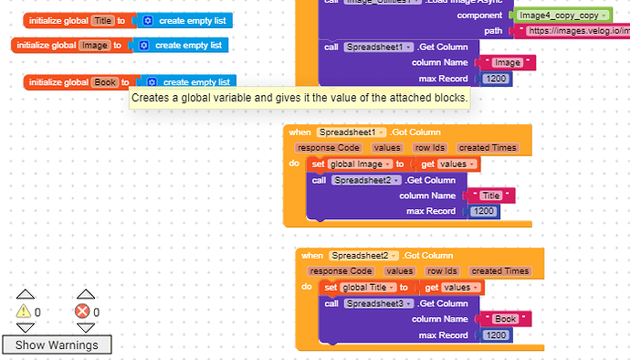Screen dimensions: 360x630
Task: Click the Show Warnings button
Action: point(57,344)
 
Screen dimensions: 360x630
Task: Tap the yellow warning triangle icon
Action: point(25,312)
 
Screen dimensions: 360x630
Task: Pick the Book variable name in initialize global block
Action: point(105,82)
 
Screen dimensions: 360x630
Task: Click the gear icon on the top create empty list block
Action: point(148,20)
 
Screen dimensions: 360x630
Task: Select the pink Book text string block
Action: point(505,319)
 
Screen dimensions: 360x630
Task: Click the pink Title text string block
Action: point(491,196)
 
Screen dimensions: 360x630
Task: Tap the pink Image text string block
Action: point(507,63)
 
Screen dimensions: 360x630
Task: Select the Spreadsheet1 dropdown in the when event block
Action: point(352,132)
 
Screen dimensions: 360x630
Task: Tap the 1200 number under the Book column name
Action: point(498,335)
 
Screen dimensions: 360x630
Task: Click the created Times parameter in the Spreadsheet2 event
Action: point(499,270)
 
